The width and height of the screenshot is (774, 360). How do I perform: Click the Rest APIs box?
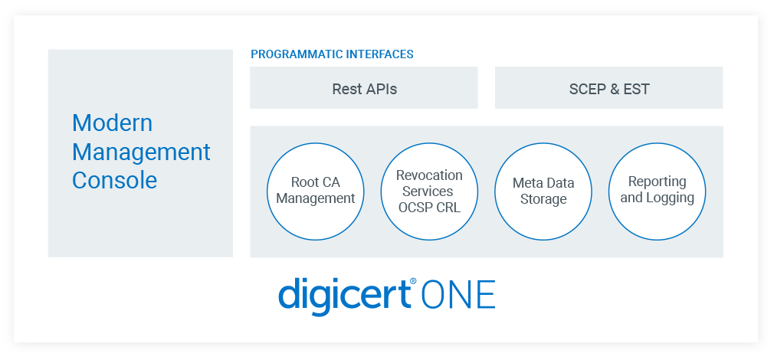pos(364,88)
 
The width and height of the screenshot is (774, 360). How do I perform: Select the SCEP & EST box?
pos(608,88)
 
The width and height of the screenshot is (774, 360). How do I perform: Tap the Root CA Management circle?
pos(315,191)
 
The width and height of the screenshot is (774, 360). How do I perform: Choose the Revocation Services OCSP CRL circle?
pos(429,191)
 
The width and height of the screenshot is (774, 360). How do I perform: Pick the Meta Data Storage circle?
pos(543,191)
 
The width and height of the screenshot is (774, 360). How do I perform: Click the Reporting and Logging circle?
pos(657,191)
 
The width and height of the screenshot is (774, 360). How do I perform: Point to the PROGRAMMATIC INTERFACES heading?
pos(332,54)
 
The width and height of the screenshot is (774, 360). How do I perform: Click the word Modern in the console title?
pos(112,123)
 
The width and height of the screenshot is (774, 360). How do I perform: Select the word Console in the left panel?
pos(114,180)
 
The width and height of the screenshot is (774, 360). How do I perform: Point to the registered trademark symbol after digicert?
pos(413,282)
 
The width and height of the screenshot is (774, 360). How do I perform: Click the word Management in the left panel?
pos(141,152)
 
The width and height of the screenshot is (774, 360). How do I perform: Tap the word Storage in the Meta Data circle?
pos(543,199)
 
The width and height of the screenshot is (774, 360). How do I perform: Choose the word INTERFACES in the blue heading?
pos(375,54)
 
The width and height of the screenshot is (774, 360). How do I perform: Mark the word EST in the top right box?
pos(637,89)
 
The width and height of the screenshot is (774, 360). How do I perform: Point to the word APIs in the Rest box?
pos(380,89)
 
